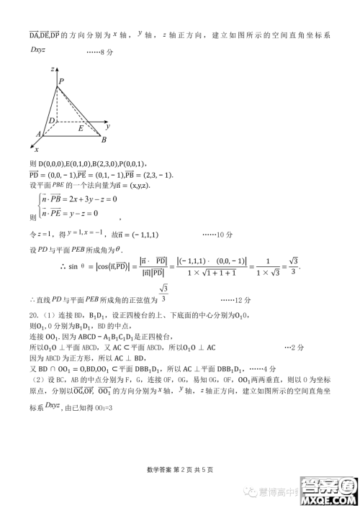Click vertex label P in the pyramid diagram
[61, 81]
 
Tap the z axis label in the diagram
[53, 68]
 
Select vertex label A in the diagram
[38, 134]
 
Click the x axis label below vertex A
[36, 148]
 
